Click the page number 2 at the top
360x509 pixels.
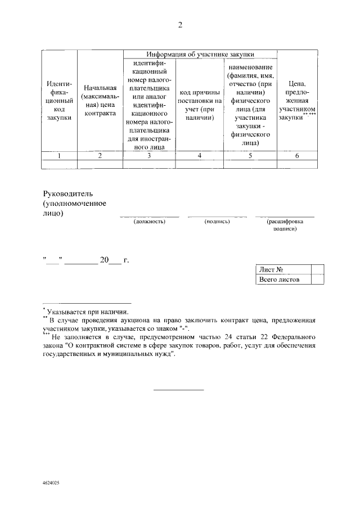tap(180, 25)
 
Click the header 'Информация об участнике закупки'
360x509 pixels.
tap(200, 54)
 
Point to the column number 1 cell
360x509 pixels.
tap(59, 156)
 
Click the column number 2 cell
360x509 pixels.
tap(100, 156)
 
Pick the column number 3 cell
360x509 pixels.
tap(149, 156)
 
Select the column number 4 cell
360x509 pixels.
tap(200, 156)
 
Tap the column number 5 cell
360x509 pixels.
tap(250, 156)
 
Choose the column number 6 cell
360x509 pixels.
tap(298, 156)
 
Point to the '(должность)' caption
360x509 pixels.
tap(149, 222)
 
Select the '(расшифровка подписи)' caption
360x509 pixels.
tap(285, 226)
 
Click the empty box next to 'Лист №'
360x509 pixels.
tap(317, 269)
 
